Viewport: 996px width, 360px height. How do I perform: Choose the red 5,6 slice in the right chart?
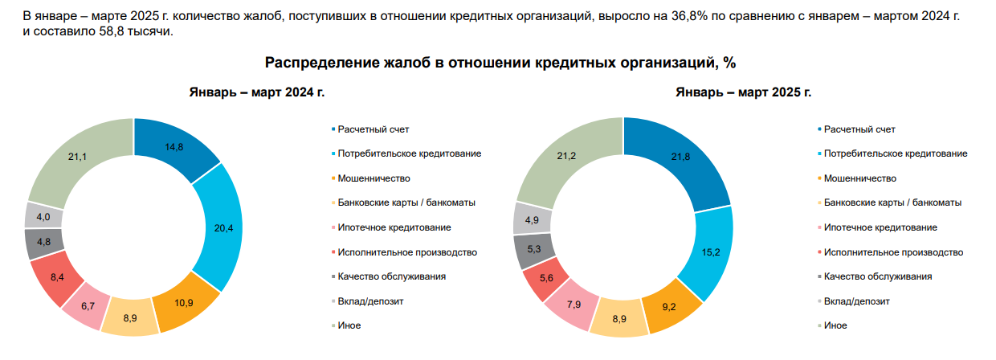point(545,279)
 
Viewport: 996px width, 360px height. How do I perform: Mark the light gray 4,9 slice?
point(533,219)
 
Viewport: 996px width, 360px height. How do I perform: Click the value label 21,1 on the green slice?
point(77,157)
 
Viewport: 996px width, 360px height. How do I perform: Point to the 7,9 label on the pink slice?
point(574,305)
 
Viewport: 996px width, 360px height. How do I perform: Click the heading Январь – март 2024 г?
point(257,92)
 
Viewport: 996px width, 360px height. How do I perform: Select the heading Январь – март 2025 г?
point(744,92)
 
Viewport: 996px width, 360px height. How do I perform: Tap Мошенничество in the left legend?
point(374,178)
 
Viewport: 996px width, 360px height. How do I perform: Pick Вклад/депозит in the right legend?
point(857,301)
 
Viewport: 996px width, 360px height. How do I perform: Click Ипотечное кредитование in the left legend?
point(394,227)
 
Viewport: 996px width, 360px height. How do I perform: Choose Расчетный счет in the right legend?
point(859,129)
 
